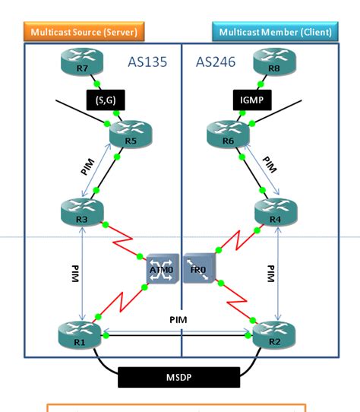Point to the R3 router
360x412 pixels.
[x=79, y=211]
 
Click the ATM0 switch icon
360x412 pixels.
[x=162, y=267]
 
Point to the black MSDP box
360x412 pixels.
[x=179, y=376]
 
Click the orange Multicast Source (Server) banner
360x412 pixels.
[x=84, y=31]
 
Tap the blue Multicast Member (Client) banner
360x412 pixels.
[x=273, y=32]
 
